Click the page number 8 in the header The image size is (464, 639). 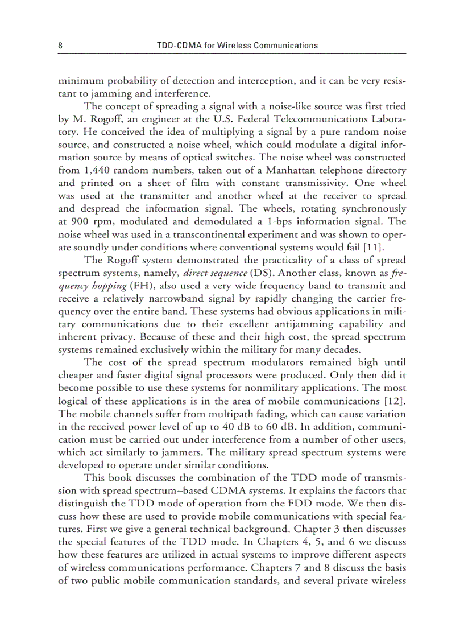(x=60, y=45)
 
